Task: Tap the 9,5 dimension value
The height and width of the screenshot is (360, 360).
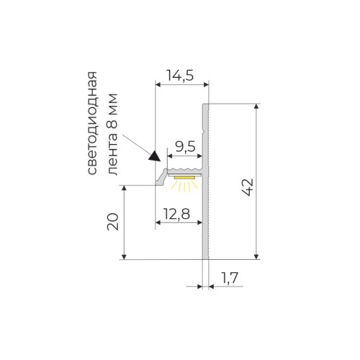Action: coord(185,147)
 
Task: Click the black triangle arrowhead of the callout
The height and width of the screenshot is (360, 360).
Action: coord(153,154)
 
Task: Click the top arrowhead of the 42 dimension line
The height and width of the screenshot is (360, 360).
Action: coord(257,107)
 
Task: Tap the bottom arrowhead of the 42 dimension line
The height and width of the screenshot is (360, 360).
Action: coord(257,256)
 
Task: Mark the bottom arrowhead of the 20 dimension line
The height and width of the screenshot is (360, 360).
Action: coord(126,256)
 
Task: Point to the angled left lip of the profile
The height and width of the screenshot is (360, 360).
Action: coord(161,176)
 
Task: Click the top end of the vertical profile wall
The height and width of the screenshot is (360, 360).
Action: coord(205,105)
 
